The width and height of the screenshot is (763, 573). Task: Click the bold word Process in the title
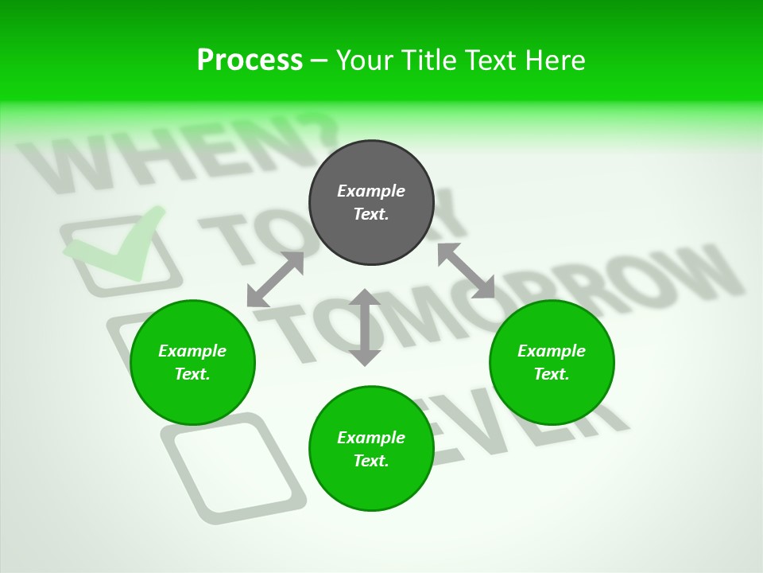click(x=250, y=60)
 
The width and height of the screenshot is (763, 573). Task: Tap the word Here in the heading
click(x=555, y=60)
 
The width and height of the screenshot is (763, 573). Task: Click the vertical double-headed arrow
click(x=365, y=327)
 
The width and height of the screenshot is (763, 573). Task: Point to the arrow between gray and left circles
click(x=276, y=279)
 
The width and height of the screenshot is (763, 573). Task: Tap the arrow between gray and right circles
click(x=466, y=271)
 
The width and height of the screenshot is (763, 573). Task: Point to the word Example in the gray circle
click(x=371, y=191)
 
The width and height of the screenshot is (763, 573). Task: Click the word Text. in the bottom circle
click(x=371, y=461)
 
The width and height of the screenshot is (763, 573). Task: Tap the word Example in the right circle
click(x=552, y=351)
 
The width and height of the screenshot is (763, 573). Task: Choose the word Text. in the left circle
click(x=192, y=374)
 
